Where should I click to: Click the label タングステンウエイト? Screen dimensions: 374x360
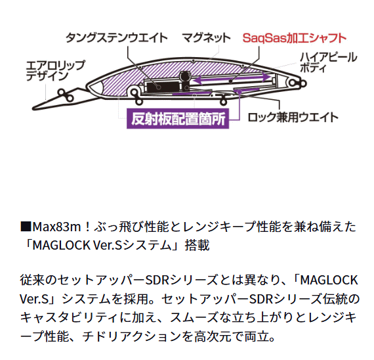117,37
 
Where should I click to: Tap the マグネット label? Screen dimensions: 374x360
206,37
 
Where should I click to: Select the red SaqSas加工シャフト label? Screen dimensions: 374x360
295,38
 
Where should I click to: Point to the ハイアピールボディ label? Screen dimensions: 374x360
329,62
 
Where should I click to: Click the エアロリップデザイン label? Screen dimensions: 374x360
55,71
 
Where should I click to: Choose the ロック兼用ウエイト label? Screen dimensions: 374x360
293,118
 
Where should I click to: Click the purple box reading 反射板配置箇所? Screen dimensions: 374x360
178,119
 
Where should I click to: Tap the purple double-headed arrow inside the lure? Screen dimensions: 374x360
232,79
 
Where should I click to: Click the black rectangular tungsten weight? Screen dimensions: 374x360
163,87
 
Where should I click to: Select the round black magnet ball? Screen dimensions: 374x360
184,76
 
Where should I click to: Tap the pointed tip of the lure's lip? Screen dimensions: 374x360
33,108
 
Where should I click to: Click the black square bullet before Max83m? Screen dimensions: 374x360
26,227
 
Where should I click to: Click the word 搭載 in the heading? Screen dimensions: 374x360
197,245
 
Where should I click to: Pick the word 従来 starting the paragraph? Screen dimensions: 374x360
32,281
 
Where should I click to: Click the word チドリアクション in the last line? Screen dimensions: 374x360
132,336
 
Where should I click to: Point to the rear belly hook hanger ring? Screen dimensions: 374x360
223,101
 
